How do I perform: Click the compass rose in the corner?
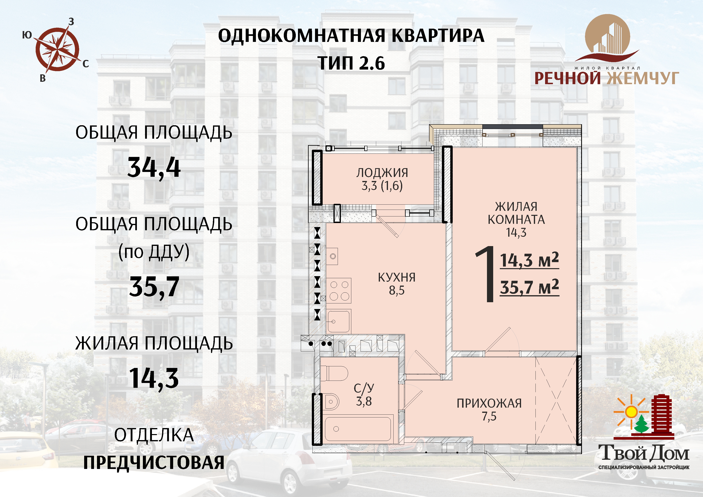(57, 49)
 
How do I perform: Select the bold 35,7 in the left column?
(154, 287)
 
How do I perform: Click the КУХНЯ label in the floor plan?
(397, 277)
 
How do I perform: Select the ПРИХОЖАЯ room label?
(489, 403)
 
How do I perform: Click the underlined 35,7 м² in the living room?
(529, 287)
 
